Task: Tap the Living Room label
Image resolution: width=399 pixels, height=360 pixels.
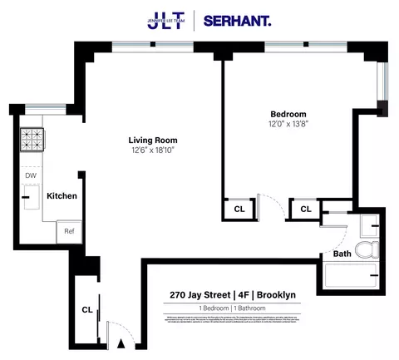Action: click(x=152, y=140)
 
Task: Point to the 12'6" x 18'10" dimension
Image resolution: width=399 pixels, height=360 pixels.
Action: click(x=152, y=150)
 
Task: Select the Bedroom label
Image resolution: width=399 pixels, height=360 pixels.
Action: click(x=288, y=114)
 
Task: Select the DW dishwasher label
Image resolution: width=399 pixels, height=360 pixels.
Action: click(x=30, y=175)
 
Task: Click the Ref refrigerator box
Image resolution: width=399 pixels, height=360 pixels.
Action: click(x=70, y=232)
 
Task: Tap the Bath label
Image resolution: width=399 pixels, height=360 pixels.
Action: click(x=342, y=254)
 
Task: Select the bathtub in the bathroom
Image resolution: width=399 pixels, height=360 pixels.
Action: click(x=351, y=275)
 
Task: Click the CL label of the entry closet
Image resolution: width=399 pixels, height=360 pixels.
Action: click(x=86, y=309)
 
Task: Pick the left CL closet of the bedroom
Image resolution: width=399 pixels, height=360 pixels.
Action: click(x=239, y=210)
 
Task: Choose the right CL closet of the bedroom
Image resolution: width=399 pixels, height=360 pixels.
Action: click(x=305, y=210)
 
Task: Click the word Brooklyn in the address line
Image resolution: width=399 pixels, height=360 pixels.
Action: click(x=277, y=294)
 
